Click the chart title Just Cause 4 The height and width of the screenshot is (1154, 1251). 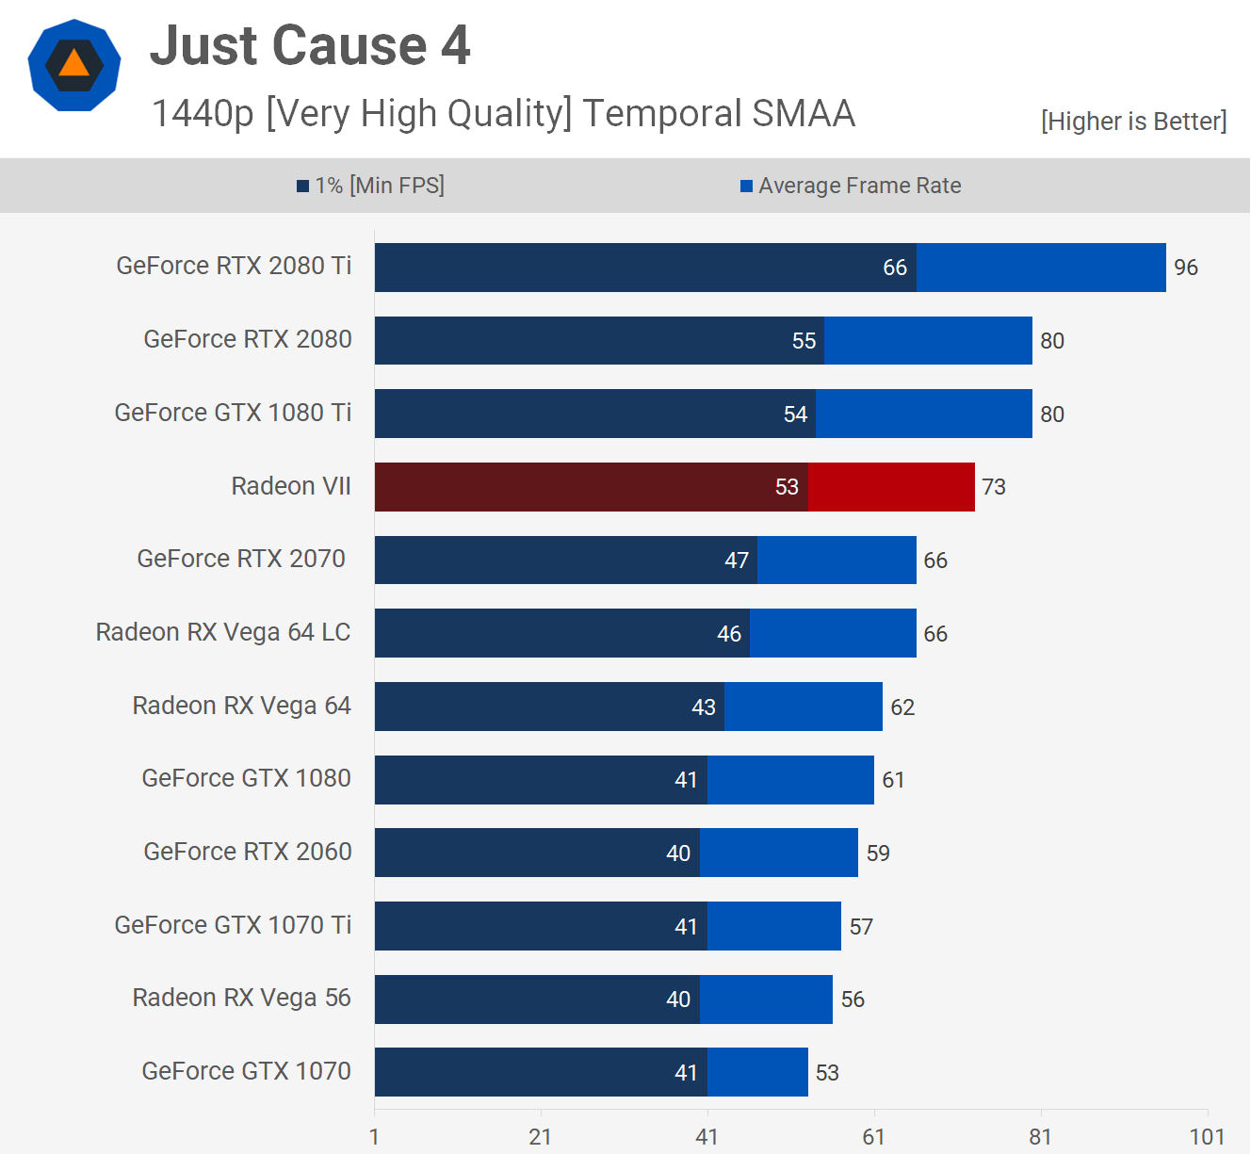click(310, 46)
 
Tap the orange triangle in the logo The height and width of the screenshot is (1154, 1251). click(73, 64)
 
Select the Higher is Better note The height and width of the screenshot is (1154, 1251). click(1133, 122)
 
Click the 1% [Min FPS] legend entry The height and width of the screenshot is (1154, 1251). click(371, 186)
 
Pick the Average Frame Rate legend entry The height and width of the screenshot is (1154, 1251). click(851, 186)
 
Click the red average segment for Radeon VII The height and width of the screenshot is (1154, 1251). click(891, 487)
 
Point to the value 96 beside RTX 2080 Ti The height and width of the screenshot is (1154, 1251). click(1186, 268)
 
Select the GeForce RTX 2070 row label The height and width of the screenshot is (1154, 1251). click(241, 559)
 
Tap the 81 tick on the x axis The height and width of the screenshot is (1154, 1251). click(1040, 1137)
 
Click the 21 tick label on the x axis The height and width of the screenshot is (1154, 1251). click(540, 1137)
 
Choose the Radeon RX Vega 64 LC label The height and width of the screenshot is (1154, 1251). click(223, 632)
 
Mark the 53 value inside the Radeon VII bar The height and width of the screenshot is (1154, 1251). click(787, 487)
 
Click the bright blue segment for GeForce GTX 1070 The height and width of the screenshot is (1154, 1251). click(757, 1072)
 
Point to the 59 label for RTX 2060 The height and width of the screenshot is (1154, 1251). click(878, 853)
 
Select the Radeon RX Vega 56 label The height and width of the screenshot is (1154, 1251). click(241, 998)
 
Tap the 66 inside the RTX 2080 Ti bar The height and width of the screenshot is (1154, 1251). click(895, 268)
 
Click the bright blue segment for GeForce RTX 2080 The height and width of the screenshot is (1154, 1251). click(928, 340)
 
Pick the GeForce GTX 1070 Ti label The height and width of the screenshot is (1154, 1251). click(233, 925)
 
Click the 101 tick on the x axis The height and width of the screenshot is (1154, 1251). click(1207, 1137)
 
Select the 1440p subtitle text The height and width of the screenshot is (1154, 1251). click(503, 114)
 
